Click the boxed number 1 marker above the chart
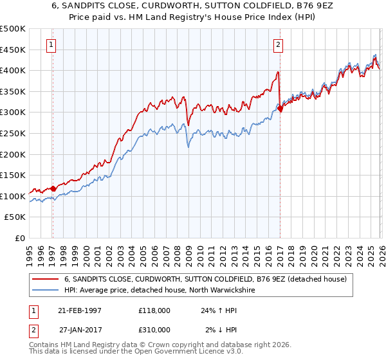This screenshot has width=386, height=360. point(50,44)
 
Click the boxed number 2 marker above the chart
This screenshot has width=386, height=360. point(278,44)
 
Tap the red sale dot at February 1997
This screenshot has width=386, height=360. point(53,188)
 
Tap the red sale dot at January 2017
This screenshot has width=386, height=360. point(280,109)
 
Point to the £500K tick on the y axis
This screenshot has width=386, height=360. point(13,29)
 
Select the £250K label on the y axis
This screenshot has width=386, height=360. point(13,134)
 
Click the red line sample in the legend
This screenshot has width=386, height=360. point(46,279)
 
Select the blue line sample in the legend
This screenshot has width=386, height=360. point(46,290)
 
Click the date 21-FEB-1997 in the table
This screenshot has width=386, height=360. point(80,310)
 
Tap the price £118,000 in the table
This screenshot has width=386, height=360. point(154,310)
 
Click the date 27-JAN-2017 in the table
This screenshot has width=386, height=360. point(80,329)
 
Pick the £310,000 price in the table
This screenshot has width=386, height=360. point(154,329)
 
